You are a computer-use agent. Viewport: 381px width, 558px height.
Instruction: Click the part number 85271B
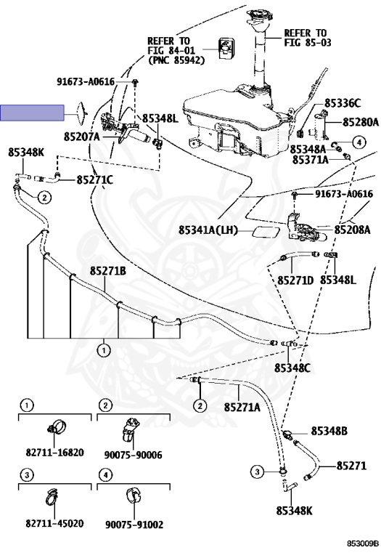(107, 271)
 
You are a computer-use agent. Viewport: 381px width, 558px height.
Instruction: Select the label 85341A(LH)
(208, 230)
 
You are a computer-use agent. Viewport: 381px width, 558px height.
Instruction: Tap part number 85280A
(361, 122)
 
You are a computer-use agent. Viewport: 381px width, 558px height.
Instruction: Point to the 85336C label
(343, 103)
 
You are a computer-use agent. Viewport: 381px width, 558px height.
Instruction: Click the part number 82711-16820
(54, 453)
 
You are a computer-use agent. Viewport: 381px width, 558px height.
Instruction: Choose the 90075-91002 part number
(134, 525)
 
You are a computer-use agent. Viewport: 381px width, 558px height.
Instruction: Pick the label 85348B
(329, 431)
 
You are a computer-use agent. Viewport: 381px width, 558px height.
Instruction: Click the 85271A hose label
(242, 407)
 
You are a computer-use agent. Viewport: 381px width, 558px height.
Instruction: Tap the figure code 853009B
(363, 543)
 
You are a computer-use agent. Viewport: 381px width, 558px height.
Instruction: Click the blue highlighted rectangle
(32, 113)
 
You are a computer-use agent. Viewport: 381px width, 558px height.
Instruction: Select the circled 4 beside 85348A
(359, 142)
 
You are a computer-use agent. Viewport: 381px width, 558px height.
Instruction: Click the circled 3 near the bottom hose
(257, 472)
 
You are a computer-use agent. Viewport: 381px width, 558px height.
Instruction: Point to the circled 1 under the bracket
(104, 351)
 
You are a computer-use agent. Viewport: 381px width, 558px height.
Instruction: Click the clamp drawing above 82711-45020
(52, 496)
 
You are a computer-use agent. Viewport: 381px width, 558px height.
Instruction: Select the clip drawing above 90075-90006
(131, 429)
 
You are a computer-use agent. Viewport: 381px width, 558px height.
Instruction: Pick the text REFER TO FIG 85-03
(308, 38)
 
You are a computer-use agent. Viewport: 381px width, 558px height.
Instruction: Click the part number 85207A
(82, 137)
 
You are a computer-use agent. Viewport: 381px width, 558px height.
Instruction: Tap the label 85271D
(295, 280)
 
